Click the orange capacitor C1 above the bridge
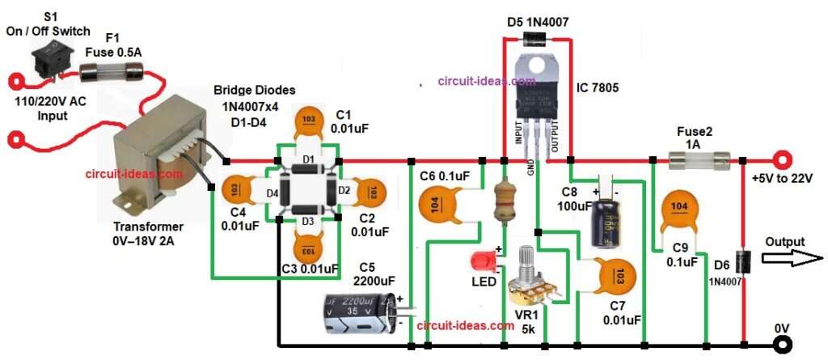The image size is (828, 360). [309, 119]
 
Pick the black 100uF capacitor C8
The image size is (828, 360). [605, 218]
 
